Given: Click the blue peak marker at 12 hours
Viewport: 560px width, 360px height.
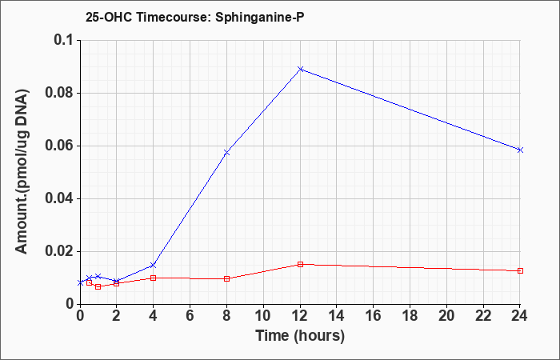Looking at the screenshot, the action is pos(300,69).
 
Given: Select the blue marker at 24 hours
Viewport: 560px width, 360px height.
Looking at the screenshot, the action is pos(520,150).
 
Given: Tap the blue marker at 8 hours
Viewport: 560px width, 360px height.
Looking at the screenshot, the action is pos(226,153).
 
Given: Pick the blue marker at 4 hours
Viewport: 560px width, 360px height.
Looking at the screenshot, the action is pos(154,265).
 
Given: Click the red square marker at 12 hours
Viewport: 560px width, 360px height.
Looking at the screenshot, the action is pos(300,264).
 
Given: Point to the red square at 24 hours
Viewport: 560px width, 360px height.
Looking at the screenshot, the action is pos(520,270).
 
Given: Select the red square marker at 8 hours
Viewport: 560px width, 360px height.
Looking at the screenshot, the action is pos(226,278).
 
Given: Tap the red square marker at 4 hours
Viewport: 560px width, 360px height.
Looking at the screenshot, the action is pos(154,278).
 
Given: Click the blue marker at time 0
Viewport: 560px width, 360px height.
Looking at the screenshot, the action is pos(80,283).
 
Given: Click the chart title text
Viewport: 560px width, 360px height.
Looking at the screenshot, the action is pos(195,17).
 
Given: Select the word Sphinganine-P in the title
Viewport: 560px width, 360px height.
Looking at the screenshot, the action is pos(260,18).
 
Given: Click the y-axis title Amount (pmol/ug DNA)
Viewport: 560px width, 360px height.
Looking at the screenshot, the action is pos(22,172).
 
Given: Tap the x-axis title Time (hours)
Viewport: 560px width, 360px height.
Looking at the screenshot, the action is pos(300,336).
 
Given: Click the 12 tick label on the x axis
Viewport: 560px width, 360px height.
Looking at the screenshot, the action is pos(300,316).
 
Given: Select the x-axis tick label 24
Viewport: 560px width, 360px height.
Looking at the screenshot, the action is pos(520,316).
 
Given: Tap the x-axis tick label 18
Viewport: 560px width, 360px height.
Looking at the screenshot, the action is pos(410,316).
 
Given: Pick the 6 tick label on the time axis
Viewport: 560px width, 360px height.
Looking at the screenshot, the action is pos(190,316).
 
